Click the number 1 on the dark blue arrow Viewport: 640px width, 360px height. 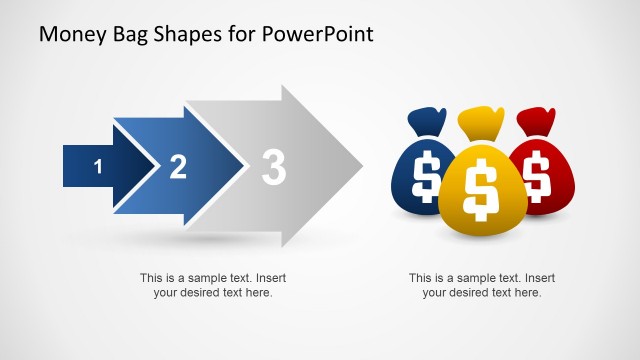coord(97,167)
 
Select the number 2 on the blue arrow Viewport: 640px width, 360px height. coord(178,167)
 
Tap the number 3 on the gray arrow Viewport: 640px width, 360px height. coord(273,167)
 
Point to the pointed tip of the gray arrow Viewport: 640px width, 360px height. coord(362,165)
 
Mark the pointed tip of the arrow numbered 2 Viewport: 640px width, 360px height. coord(246,166)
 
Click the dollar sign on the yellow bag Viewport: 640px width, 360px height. coord(481,187)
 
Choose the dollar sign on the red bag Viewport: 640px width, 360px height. coord(536,174)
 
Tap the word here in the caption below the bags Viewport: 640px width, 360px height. coord(526,293)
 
